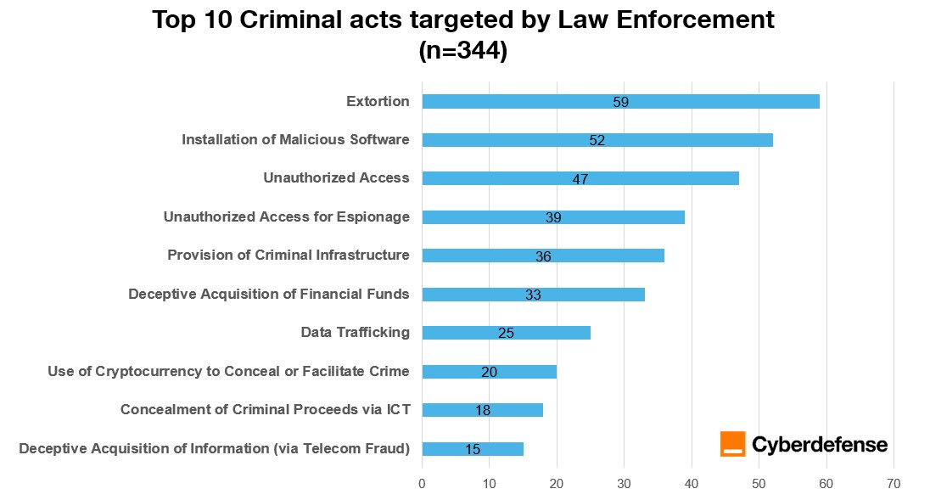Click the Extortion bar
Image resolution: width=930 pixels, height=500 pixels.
point(620,102)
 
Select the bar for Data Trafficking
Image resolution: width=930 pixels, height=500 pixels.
point(506,333)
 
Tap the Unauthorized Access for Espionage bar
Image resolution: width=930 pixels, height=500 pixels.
point(553,217)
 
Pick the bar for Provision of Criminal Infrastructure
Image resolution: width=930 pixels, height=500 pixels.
point(543,256)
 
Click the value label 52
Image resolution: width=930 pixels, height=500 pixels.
point(597,141)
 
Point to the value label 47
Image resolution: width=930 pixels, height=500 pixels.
point(580,179)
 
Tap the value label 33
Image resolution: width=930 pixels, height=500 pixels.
point(533,295)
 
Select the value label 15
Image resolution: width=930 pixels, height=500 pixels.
point(473,449)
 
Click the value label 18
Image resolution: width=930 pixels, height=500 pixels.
point(483,411)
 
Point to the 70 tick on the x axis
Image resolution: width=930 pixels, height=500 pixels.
point(893,484)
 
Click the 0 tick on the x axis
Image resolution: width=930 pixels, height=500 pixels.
point(422,484)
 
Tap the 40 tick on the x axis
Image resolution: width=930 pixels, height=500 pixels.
point(692,484)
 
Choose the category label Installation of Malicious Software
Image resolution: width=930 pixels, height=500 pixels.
point(295,140)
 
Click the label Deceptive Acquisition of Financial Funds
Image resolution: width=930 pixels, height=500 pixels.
point(269,294)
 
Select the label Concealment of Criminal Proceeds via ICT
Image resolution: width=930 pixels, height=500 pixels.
point(265,410)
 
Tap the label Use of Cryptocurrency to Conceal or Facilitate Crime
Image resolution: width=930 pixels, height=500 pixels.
point(228,371)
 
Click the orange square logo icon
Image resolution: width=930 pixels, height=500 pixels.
point(732,444)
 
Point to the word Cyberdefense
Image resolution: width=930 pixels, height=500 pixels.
point(820,444)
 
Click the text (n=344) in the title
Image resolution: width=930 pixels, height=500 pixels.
point(463,51)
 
